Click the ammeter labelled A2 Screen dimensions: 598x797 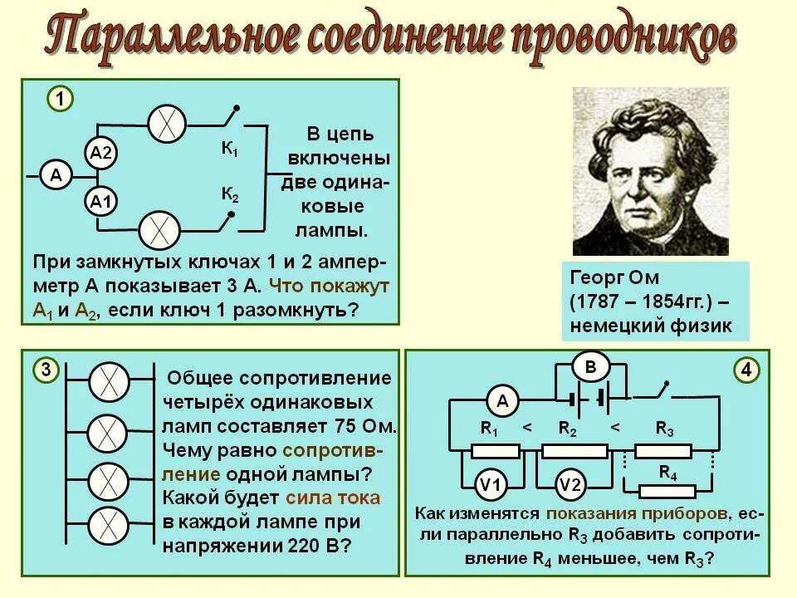[103, 153]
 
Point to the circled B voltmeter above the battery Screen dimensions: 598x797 [590, 366]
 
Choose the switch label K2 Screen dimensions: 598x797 [229, 196]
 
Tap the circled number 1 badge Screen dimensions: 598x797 [59, 100]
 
